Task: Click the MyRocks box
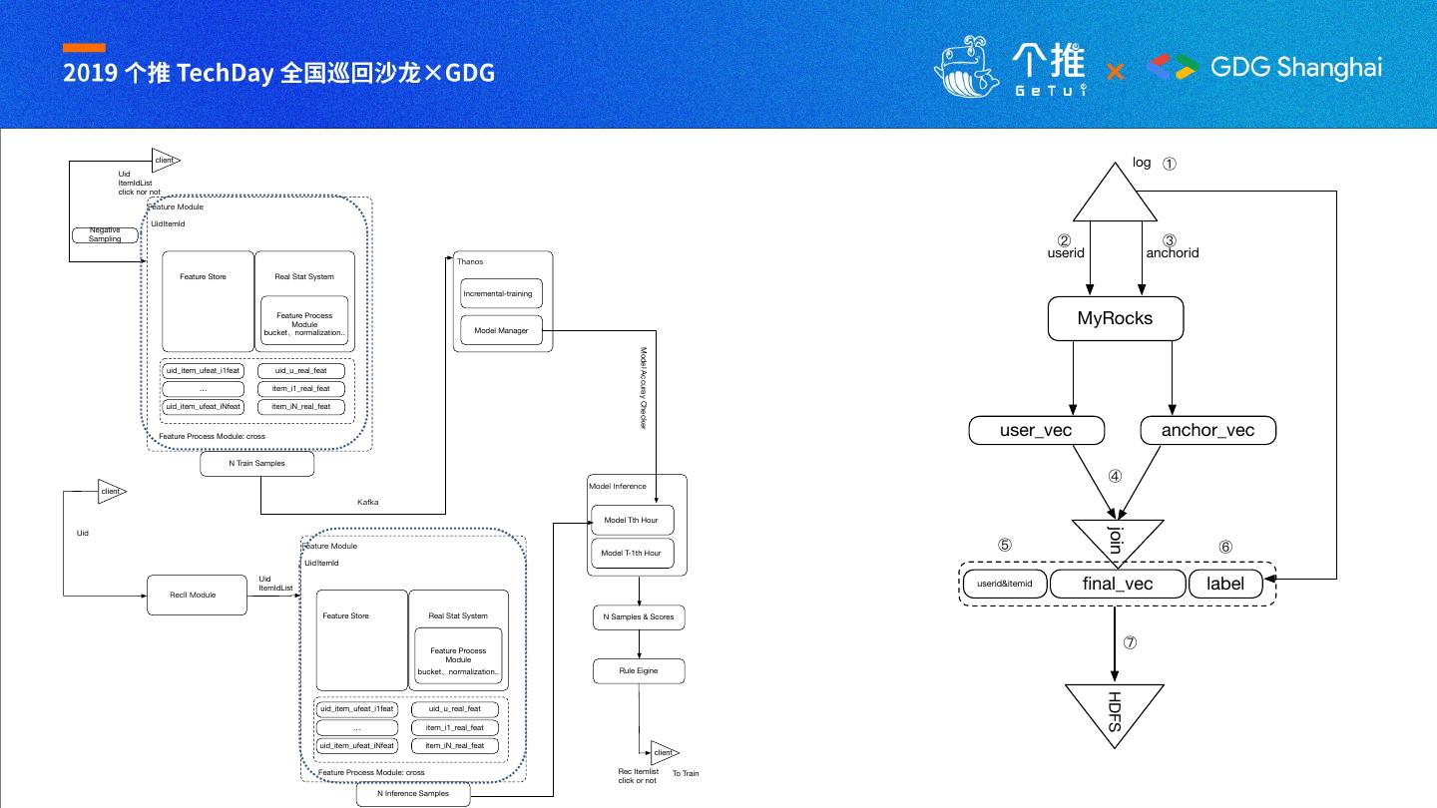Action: click(1115, 318)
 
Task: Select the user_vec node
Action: click(1036, 430)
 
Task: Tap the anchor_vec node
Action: click(1207, 430)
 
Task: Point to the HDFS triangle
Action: click(1115, 709)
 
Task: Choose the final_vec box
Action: click(1117, 584)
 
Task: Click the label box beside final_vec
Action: click(1225, 584)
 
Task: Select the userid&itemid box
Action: click(1005, 584)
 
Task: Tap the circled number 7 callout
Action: click(1131, 643)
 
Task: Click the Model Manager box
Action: click(501, 330)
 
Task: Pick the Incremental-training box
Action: click(502, 293)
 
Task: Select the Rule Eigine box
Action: click(639, 671)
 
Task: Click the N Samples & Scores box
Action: click(639, 617)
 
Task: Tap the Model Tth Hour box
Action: click(632, 521)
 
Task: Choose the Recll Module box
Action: click(196, 595)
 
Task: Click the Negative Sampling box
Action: click(105, 234)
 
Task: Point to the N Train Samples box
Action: click(256, 464)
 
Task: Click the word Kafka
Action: click(368, 502)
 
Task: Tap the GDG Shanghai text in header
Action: click(1296, 67)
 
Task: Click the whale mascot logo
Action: click(965, 68)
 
